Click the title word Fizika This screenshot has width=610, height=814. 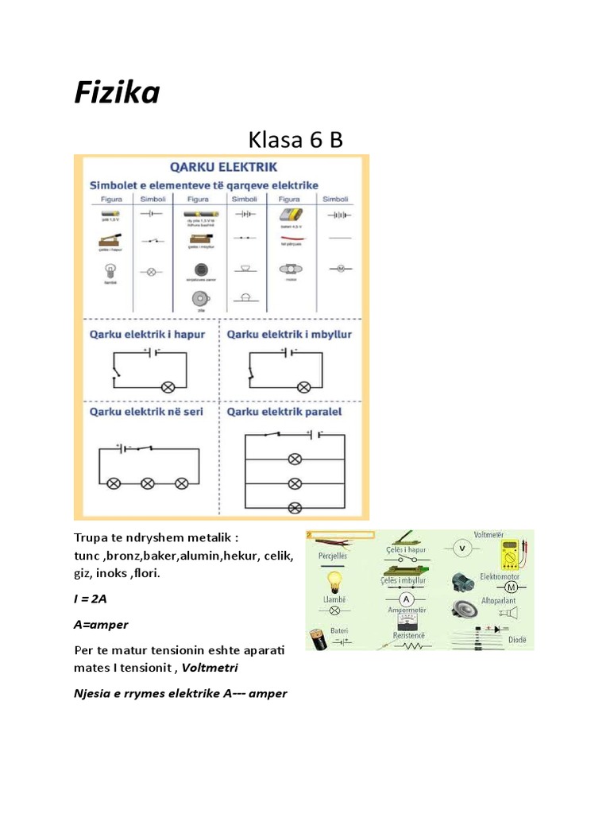click(117, 94)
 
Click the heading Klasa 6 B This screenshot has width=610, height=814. click(295, 140)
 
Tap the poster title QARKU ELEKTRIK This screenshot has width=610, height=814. click(223, 167)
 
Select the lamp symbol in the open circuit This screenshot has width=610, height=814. click(168, 387)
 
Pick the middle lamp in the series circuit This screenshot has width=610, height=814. click(148, 483)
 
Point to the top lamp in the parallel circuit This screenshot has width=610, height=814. click(295, 459)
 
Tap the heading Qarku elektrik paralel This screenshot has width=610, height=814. click(289, 413)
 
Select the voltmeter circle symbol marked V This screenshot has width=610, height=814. click(460, 548)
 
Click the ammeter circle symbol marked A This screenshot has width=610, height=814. click(407, 599)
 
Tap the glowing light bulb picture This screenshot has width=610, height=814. click(337, 582)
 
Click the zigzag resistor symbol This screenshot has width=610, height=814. click(411, 645)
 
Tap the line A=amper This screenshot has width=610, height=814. click(101, 624)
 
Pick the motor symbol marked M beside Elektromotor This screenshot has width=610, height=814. click(511, 587)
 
